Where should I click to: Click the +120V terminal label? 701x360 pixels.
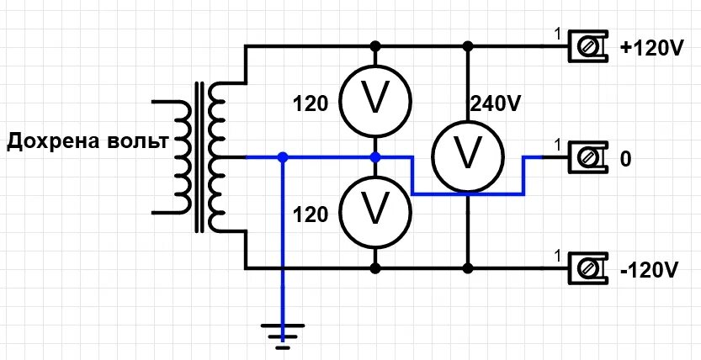point(651,49)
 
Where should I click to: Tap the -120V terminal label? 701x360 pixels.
point(650,270)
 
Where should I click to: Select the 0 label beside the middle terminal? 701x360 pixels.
point(626,159)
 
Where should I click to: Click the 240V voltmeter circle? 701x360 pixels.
point(468,156)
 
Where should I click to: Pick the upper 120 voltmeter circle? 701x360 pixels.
point(375,100)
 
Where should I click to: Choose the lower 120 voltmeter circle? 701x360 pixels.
point(375,212)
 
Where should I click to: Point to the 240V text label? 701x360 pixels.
point(496,104)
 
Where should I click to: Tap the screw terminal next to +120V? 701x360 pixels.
point(588,46)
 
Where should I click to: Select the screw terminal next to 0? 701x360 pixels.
point(588,157)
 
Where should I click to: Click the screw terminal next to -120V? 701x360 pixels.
point(588,268)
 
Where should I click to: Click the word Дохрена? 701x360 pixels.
point(53,141)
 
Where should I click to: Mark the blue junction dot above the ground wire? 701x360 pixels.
point(283,157)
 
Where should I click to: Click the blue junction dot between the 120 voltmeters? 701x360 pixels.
point(375,157)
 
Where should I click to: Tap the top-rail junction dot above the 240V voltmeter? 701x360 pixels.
point(468,46)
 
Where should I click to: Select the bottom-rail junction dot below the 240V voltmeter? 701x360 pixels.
point(468,268)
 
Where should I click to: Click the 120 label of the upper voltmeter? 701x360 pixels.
point(311,104)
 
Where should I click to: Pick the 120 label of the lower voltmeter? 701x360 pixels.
point(311,215)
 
